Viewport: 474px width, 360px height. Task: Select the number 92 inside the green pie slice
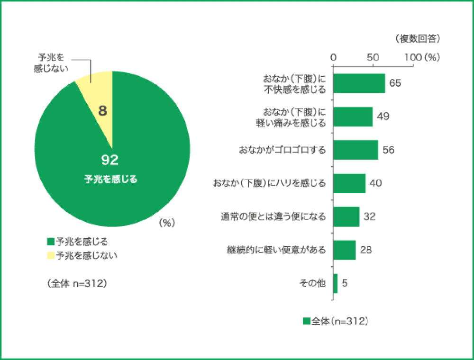pyautogui.click(x=109, y=161)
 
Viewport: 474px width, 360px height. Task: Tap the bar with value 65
pyautogui.click(x=359, y=83)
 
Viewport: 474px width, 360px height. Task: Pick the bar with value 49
pyautogui.click(x=353, y=117)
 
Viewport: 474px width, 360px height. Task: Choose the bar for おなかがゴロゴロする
pyautogui.click(x=356, y=150)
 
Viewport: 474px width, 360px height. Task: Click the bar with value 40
pyautogui.click(x=349, y=183)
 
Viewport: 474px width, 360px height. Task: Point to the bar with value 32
pyautogui.click(x=346, y=217)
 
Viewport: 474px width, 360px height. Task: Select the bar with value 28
pyautogui.click(x=345, y=250)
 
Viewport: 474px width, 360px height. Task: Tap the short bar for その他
pyautogui.click(x=336, y=283)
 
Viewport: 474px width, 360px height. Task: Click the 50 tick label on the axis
pyautogui.click(x=373, y=57)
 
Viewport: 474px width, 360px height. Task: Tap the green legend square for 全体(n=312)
pyautogui.click(x=306, y=321)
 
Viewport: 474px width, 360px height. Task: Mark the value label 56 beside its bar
pyautogui.click(x=389, y=150)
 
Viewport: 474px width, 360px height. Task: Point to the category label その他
pyautogui.click(x=312, y=283)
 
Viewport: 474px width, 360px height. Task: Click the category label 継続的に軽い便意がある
pyautogui.click(x=276, y=250)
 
